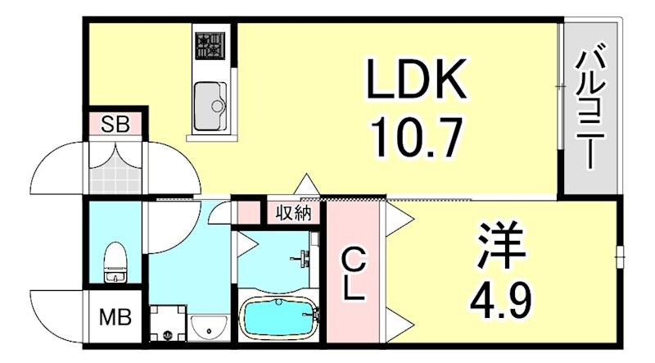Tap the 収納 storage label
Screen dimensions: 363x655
(x=291, y=214)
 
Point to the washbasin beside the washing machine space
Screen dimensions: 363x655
(x=206, y=328)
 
